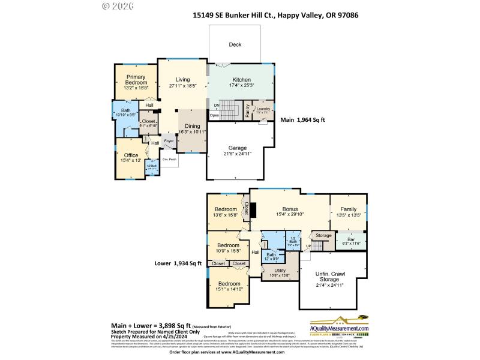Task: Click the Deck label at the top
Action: click(x=235, y=45)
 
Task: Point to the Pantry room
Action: click(x=247, y=111)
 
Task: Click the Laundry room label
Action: click(x=263, y=109)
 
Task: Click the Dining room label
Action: click(x=192, y=126)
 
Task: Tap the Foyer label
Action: click(x=169, y=142)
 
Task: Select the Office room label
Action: click(x=131, y=155)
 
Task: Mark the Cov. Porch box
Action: click(x=169, y=160)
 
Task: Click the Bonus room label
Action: click(x=290, y=209)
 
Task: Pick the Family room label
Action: click(x=348, y=209)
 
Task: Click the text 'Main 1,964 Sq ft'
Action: click(x=303, y=120)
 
